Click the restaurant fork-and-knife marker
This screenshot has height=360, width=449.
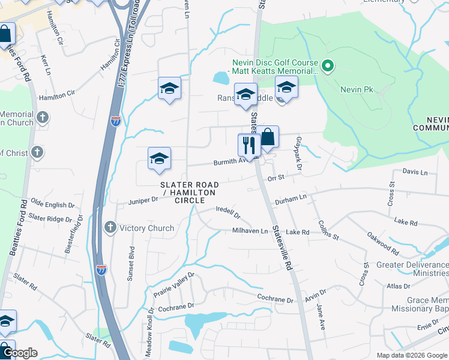[248, 145]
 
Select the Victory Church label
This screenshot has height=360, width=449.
[146, 228]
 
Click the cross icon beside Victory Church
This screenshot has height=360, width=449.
[110, 227]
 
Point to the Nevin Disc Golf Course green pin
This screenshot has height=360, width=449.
[328, 66]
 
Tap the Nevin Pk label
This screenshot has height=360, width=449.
[357, 89]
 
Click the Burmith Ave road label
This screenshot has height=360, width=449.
[231, 162]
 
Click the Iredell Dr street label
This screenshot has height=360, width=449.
[228, 213]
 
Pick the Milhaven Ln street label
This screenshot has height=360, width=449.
[250, 231]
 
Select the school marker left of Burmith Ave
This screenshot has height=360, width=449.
[159, 158]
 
